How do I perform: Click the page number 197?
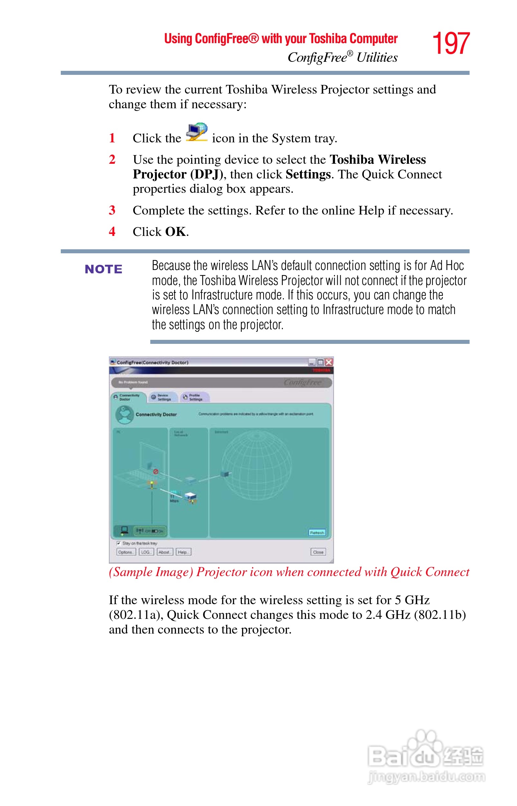[x=451, y=44]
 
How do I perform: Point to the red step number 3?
[x=112, y=210]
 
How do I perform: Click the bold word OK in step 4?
[x=176, y=232]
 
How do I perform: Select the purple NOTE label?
[x=104, y=269]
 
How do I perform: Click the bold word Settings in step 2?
[x=308, y=174]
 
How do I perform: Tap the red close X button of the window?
[x=329, y=362]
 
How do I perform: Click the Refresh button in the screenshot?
[x=317, y=533]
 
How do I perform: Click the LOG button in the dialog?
[x=146, y=552]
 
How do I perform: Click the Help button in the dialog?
[x=183, y=552]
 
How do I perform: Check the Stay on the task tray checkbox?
[x=119, y=543]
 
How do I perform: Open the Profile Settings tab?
[x=195, y=397]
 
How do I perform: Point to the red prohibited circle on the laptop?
[x=155, y=472]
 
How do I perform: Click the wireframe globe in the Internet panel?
[x=257, y=465]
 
